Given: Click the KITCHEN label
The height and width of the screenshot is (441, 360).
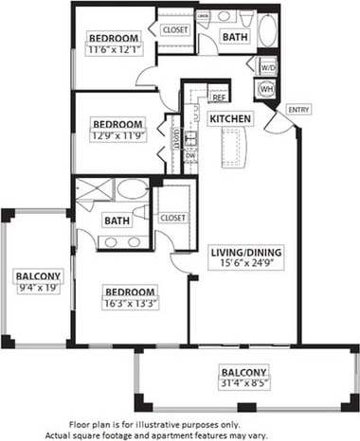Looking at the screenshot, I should [230, 118].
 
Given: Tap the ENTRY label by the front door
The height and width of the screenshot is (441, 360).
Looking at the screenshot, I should [297, 108].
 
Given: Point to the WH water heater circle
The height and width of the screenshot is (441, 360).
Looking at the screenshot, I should [266, 88].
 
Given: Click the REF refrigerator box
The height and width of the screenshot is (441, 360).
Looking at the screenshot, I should [218, 97].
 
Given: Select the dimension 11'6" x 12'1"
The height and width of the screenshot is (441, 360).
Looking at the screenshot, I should [114, 48].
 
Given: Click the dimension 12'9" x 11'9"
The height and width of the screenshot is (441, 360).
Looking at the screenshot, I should [117, 134].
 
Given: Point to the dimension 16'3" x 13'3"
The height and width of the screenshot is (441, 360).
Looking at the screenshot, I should [131, 303].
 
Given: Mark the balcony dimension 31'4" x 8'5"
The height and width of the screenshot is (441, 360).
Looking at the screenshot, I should [243, 383].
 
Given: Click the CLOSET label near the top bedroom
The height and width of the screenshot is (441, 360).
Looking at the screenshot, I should [175, 29].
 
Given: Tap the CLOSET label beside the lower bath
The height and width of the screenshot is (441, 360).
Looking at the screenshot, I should [172, 217].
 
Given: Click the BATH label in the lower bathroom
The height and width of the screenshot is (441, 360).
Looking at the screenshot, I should [117, 220].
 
